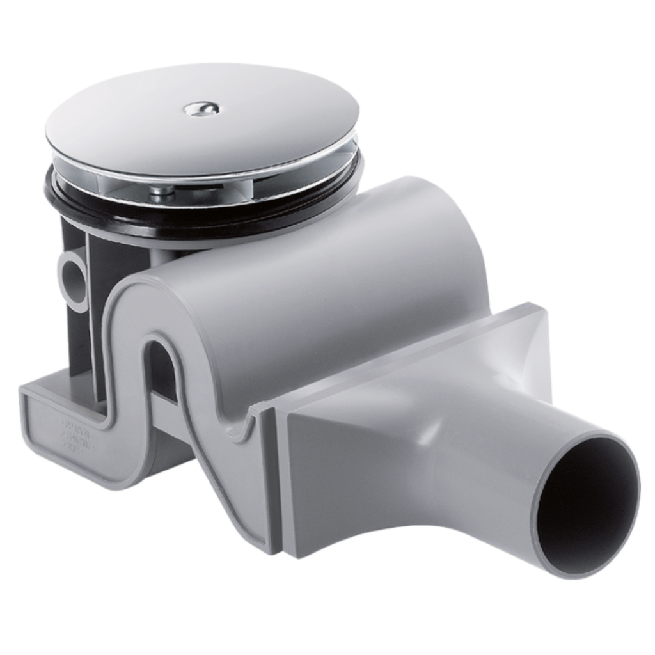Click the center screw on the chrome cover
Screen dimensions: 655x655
[x=201, y=109]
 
